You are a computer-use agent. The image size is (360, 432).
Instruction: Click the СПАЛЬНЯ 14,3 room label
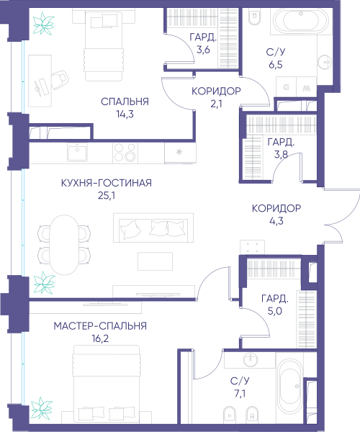[x=125, y=107]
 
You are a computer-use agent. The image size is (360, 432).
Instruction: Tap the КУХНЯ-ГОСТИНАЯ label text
[x=107, y=183]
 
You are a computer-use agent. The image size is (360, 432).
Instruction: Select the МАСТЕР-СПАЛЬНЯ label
[x=100, y=326]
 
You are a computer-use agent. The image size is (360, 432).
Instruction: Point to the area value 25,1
[x=107, y=195]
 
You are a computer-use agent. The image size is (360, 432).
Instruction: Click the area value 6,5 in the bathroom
[x=276, y=65]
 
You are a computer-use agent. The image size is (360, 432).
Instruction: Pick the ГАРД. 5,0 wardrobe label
[x=275, y=305]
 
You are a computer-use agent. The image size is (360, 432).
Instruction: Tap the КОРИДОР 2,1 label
[x=216, y=97]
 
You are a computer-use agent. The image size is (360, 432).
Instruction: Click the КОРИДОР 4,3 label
[x=276, y=215]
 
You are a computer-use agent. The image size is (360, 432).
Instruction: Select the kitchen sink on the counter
[x=77, y=153]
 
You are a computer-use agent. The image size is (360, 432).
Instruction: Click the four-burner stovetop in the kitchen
[x=125, y=153]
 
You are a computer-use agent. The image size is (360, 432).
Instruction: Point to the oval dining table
[x=65, y=245]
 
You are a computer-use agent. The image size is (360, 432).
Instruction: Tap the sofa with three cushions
[x=153, y=228]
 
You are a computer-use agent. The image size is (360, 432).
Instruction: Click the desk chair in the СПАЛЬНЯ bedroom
[x=60, y=80]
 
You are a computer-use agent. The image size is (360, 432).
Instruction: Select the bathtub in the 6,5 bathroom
[x=301, y=21]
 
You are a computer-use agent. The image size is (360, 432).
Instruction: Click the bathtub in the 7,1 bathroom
[x=289, y=387]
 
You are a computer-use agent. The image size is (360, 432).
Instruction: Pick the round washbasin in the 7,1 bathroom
[x=251, y=360]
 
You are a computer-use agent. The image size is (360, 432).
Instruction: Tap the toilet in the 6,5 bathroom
[x=254, y=17]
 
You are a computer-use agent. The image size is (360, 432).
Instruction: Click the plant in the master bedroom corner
[x=42, y=408]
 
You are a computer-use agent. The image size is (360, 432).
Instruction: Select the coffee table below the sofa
[x=155, y=261]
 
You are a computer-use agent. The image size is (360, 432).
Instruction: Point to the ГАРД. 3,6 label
[x=203, y=43]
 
